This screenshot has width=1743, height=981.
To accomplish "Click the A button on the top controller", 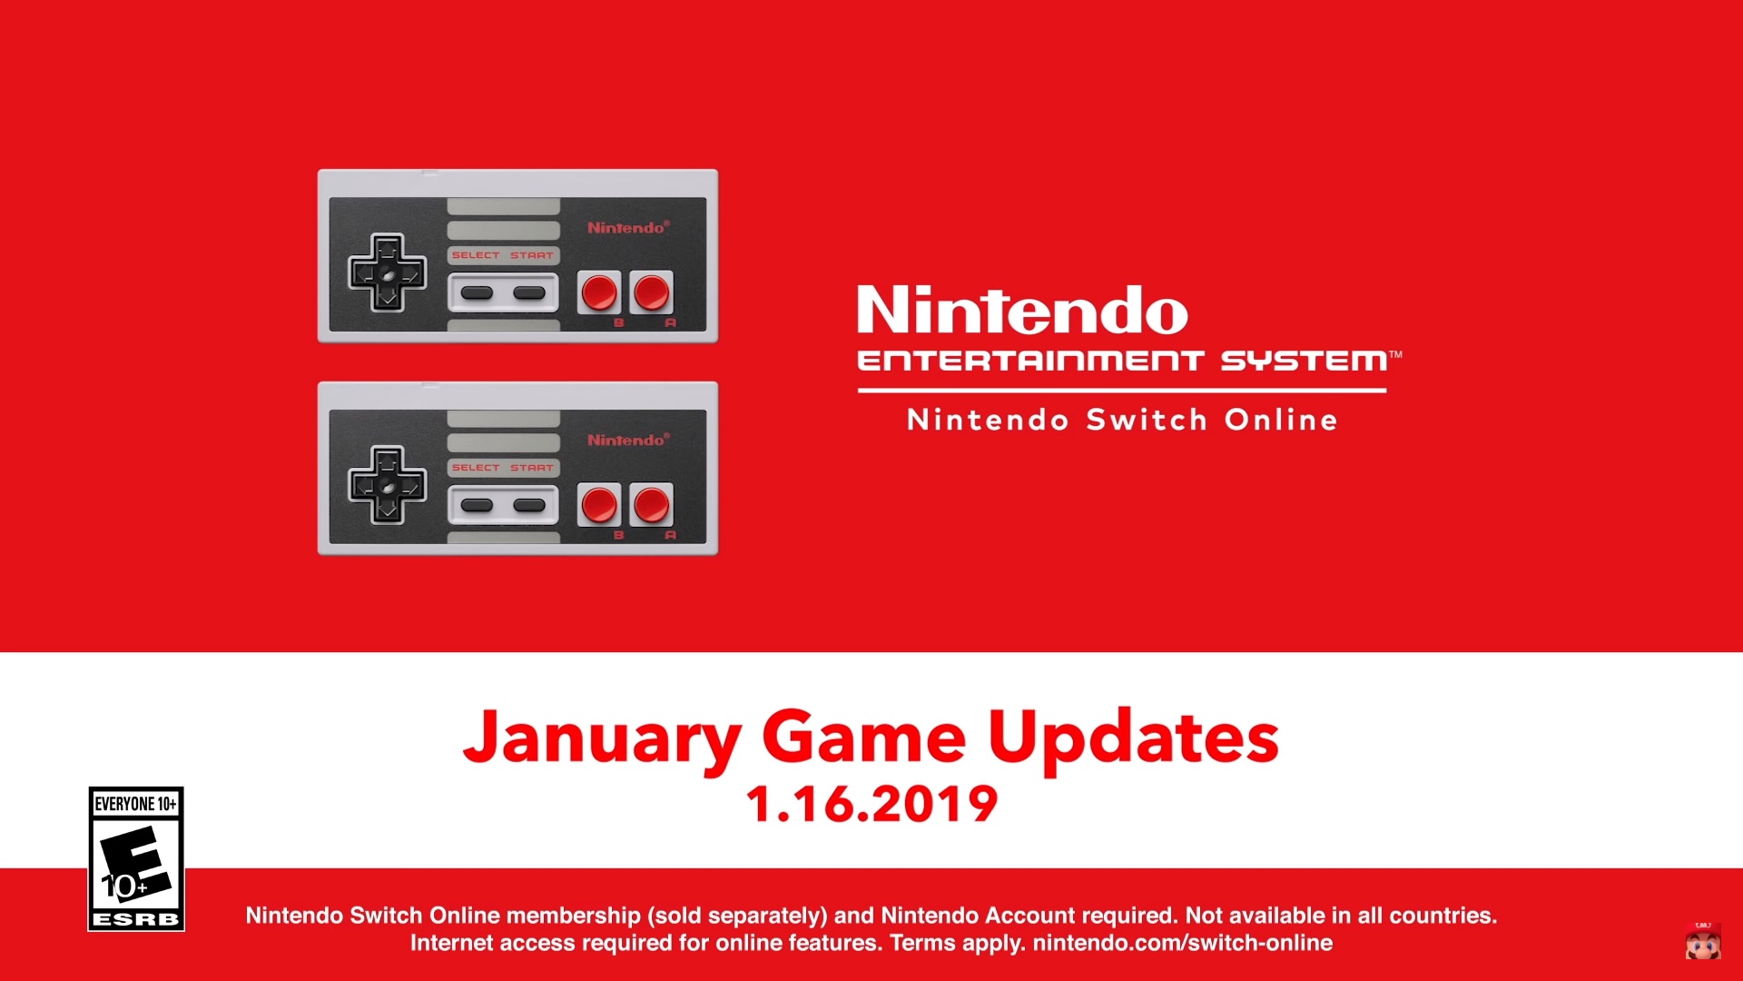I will click(x=652, y=292).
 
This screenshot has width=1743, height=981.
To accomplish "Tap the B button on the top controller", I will click(x=599, y=292).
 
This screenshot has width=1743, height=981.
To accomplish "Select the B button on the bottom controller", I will click(x=599, y=505).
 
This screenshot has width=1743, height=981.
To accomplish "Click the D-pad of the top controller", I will click(x=388, y=272).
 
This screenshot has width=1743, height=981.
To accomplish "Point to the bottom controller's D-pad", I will click(x=388, y=485).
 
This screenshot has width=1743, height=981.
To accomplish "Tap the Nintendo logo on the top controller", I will click(x=627, y=227).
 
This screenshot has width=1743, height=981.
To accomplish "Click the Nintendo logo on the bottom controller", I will click(x=627, y=440).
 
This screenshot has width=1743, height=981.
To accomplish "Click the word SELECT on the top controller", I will click(x=476, y=255).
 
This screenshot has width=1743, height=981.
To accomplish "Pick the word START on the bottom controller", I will click(x=532, y=468).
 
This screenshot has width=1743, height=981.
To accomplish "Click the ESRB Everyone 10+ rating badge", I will click(x=136, y=858).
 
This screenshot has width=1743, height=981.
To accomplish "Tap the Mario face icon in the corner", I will click(x=1703, y=942).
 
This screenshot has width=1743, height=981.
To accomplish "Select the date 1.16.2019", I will click(x=871, y=805).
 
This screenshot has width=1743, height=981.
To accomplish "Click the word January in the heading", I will click(x=603, y=738).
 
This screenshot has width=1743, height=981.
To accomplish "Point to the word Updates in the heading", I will click(x=1133, y=738).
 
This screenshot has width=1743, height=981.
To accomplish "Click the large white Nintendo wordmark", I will click(x=1022, y=311).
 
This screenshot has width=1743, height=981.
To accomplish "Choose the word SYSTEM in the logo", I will click(x=1304, y=362).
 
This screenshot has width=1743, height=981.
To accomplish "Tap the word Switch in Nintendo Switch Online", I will click(x=1147, y=420).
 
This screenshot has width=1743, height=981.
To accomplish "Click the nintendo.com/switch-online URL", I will click(x=1182, y=943).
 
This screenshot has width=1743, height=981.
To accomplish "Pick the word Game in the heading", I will click(x=863, y=738).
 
